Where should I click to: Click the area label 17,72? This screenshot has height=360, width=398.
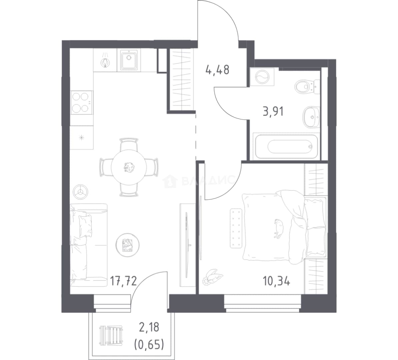(x=123, y=281)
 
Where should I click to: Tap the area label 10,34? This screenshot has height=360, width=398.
(x=276, y=281)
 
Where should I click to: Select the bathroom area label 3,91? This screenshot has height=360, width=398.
(x=273, y=111)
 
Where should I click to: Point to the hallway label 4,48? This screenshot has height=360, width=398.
(x=218, y=70)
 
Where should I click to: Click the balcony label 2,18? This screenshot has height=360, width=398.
(x=149, y=328)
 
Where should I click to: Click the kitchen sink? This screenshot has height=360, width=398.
(x=129, y=60)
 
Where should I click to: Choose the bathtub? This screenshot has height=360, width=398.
(x=286, y=146)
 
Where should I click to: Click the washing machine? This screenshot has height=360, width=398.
(x=262, y=77)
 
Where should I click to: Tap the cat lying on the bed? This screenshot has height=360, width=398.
(x=279, y=228)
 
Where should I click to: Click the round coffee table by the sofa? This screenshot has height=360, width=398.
(x=128, y=245)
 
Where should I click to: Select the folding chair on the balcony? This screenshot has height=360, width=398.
(x=111, y=336)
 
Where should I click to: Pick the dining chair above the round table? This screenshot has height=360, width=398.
(x=129, y=144)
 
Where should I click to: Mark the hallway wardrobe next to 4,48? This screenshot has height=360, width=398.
(x=181, y=79)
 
